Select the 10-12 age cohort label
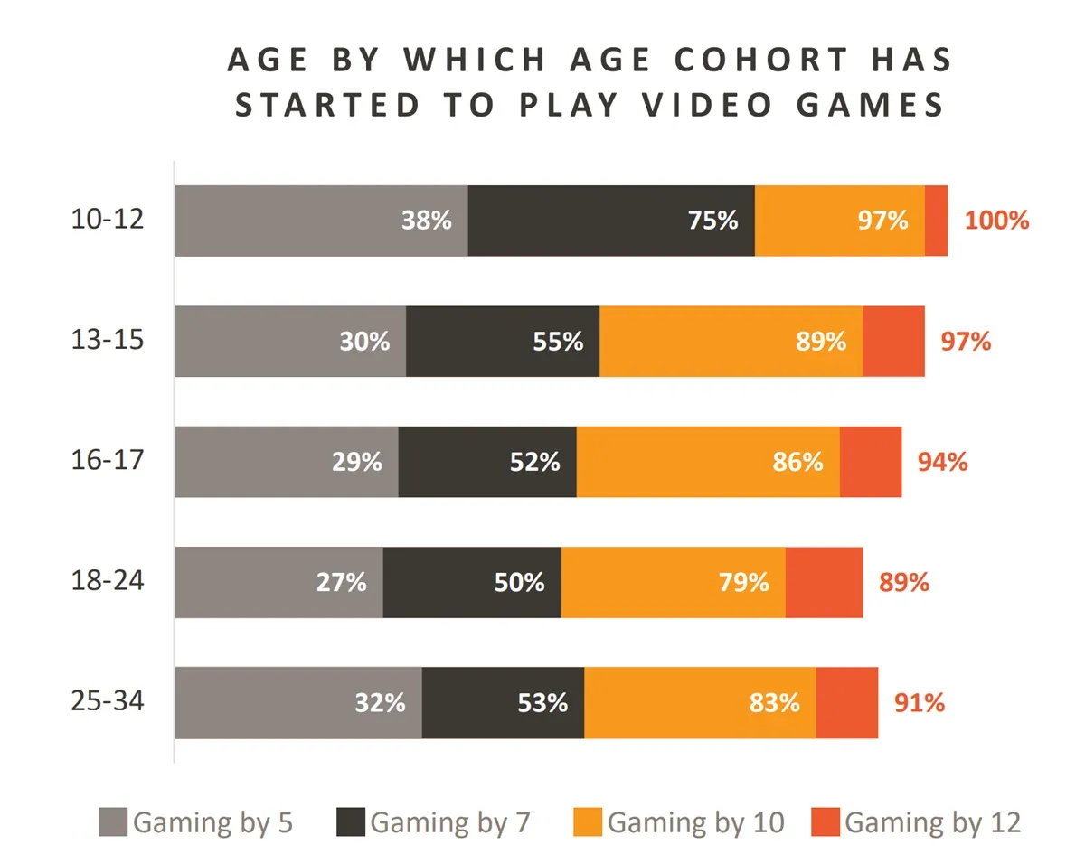click(108, 219)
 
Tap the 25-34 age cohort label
click(108, 701)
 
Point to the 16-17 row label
click(108, 460)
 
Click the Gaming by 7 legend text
click(449, 822)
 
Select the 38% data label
click(427, 221)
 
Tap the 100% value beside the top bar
click(996, 221)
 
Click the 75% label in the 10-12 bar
click(713, 221)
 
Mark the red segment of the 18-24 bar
click(824, 582)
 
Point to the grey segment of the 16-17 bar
click(253, 462)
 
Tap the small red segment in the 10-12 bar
click(936, 221)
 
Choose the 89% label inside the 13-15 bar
click(822, 342)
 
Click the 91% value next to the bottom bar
click(920, 702)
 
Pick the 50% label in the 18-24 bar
click(519, 582)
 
